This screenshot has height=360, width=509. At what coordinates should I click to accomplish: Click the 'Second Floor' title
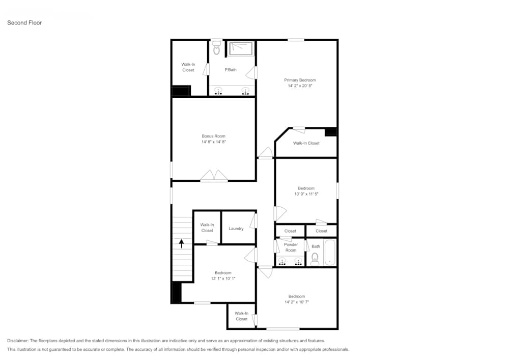coord(24,22)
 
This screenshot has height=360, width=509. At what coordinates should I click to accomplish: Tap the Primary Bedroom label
coord(300,80)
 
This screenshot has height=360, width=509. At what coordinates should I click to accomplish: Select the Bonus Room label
coord(213,136)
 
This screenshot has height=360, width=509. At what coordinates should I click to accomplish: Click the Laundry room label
coord(236,229)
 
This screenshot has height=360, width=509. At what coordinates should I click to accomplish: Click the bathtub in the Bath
coord(330,253)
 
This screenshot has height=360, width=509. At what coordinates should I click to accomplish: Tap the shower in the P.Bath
coord(241,48)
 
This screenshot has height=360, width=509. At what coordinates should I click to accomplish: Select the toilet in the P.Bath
coord(217,49)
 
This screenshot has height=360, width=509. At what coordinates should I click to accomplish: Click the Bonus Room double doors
coord(214,176)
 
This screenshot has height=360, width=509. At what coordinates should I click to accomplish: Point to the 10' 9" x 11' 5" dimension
coord(306,194)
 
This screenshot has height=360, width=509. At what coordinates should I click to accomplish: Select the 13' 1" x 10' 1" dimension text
coord(222,278)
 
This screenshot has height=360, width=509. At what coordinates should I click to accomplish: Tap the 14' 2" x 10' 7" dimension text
coord(297,302)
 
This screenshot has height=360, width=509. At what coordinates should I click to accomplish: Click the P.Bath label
coord(231,70)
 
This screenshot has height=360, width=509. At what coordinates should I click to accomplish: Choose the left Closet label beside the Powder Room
coord(290,231)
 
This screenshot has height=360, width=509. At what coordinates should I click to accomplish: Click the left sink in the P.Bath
coord(218,91)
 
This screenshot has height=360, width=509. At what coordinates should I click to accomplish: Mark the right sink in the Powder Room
coord(298,261)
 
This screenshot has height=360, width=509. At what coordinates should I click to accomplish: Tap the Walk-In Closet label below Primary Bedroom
coord(306,143)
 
